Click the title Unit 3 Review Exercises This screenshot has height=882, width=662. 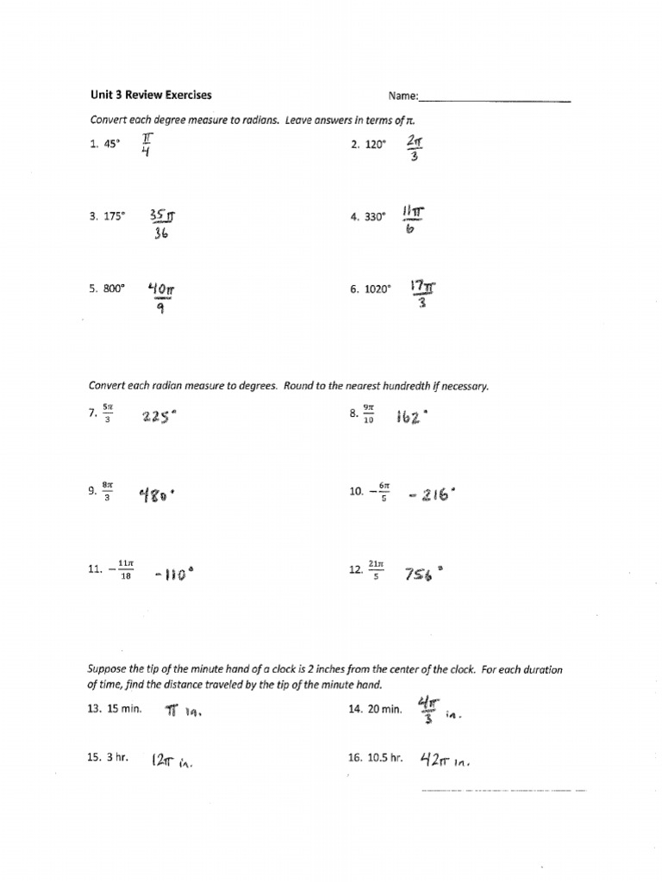pos(151,96)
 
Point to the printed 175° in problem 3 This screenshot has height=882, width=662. pos(113,218)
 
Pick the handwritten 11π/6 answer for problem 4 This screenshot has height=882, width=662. pos(411,217)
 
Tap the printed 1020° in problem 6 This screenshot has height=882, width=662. pos(376,290)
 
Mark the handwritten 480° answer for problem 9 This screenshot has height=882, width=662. pos(159,495)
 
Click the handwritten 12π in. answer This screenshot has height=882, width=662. pos(171,761)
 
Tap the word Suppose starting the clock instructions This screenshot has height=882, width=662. pos(107,669)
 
